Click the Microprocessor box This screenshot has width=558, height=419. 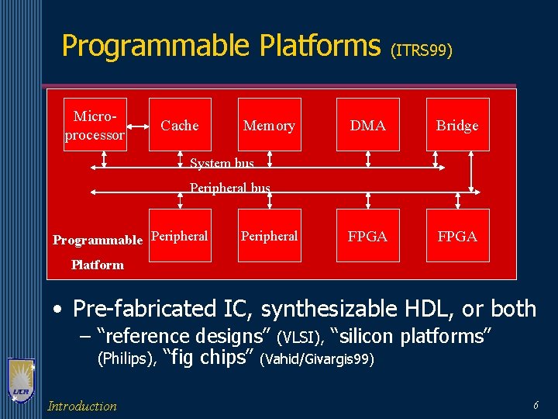pos(95,124)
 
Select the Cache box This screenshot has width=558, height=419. pos(180,125)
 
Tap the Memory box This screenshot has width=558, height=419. pos(269,125)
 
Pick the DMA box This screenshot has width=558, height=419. pos(368,125)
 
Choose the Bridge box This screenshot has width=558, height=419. pos(457,125)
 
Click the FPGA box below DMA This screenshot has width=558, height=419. pos(368,236)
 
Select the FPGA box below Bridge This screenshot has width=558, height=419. pos(457,236)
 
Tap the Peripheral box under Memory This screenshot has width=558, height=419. pos(269,236)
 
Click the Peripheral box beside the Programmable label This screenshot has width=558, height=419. pos(180,236)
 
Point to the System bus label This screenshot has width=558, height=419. pos(222,163)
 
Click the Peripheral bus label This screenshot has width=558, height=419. pos(230,188)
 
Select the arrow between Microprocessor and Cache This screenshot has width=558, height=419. pos(139,125)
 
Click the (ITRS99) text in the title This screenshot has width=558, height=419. pos(422,51)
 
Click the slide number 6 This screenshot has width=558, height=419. pos(536,406)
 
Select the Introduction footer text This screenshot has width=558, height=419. pos(82,406)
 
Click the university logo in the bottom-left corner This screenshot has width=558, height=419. pos(22,381)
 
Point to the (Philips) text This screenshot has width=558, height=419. pos(127,358)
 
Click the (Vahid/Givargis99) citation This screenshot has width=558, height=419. pos(318,359)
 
